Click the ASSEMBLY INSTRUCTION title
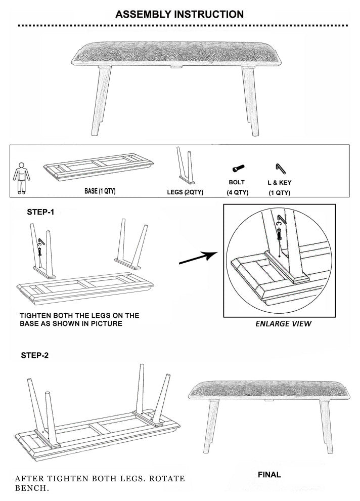[x=179, y=14]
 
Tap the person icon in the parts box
[x=21, y=178]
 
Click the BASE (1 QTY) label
[x=100, y=191]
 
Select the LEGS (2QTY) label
[x=185, y=192]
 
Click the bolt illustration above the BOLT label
[x=238, y=168]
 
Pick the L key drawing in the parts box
[x=281, y=169]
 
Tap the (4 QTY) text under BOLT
[x=238, y=192]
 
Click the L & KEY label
[x=279, y=183]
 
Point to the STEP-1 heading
[x=40, y=212]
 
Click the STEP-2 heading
[x=35, y=355]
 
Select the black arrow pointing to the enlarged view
[x=198, y=258]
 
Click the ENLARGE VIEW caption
[x=284, y=324]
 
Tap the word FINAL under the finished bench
[x=269, y=475]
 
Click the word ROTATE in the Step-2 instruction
[x=167, y=479]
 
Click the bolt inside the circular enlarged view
[x=279, y=234]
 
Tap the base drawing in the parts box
[x=98, y=167]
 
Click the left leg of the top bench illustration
[x=101, y=100]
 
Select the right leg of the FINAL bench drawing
[x=326, y=426]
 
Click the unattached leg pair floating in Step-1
[x=131, y=244]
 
